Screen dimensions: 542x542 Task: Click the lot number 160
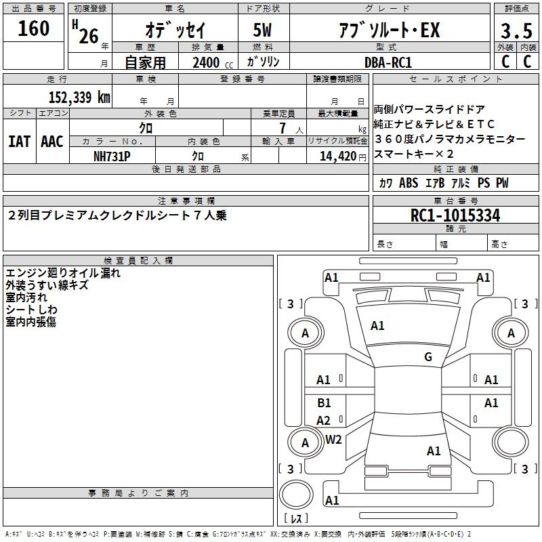[x=33, y=28]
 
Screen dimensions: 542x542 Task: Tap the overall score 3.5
[x=516, y=30]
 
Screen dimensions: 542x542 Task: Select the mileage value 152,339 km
[x=79, y=97]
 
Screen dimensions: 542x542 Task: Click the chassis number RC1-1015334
[x=455, y=215]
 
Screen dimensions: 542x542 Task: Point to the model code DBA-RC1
[x=388, y=62]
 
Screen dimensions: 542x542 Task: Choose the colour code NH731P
[x=112, y=157]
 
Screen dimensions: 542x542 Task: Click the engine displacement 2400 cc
[x=213, y=62]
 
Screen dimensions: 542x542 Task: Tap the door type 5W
[x=262, y=30]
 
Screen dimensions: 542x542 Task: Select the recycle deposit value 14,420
[x=338, y=157]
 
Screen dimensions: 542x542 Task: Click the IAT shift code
[x=19, y=142]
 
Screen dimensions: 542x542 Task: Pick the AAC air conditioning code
[x=52, y=142]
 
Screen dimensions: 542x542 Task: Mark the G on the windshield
[x=428, y=356]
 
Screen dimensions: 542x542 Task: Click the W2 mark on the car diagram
[x=333, y=440]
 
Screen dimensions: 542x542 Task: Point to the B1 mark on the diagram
[x=324, y=402]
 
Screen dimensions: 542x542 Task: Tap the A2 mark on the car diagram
[x=324, y=420]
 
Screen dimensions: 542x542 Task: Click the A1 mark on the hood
[x=377, y=326]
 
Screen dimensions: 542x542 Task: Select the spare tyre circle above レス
[x=296, y=494]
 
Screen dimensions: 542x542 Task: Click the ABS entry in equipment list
[x=409, y=182]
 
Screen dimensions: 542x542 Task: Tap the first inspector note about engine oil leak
[x=63, y=273]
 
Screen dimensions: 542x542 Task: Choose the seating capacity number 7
[x=283, y=128]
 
